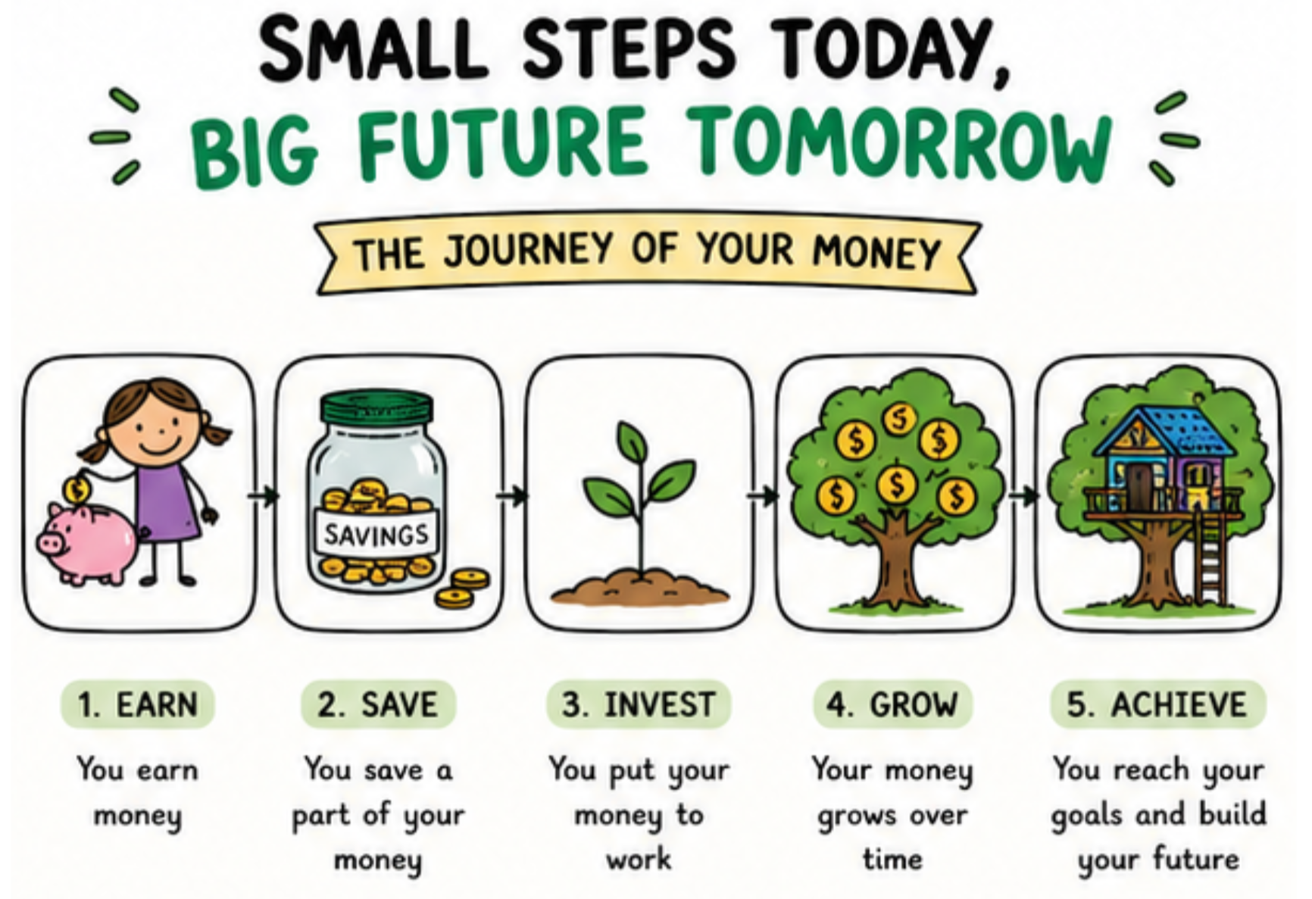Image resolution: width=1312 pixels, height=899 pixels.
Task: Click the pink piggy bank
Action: [x=88, y=542]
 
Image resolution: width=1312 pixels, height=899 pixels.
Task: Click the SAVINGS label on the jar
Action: [x=376, y=535]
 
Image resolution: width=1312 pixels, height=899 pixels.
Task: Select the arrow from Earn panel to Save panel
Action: [x=264, y=496]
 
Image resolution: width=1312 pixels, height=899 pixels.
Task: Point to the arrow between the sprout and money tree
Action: [x=763, y=496]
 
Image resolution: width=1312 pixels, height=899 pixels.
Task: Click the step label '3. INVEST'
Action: [x=638, y=704]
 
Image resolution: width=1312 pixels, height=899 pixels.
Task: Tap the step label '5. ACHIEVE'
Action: [x=1157, y=704]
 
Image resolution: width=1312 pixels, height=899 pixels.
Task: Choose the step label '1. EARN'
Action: [x=137, y=704]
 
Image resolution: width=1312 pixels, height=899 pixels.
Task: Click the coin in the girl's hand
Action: [x=77, y=489]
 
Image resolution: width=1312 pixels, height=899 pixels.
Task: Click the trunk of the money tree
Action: [x=898, y=560]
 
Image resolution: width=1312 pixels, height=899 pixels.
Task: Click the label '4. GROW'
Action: [x=892, y=704]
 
